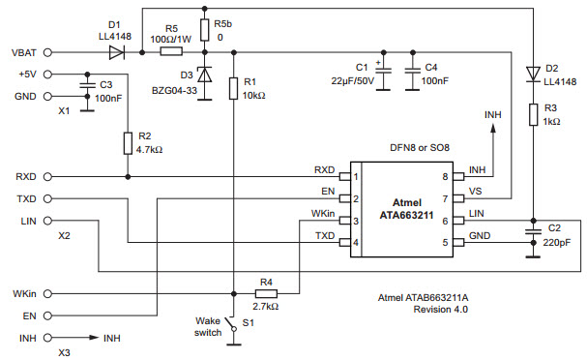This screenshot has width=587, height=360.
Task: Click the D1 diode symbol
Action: pos(115,52)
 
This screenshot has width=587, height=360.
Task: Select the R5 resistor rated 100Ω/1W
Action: pos(171,52)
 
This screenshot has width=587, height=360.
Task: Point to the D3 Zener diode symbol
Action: pos(204,74)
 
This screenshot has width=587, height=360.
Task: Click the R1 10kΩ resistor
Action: pos(233,89)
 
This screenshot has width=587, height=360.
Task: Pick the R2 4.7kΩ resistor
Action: pos(129,144)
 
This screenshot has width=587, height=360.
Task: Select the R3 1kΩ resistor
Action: pos(532,115)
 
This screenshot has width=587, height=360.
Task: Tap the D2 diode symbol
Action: pos(532,73)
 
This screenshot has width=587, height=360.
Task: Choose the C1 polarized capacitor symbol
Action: pos(383,70)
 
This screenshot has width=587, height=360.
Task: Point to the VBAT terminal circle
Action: pos(48,52)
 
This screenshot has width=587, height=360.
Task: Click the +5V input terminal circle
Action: pos(48,74)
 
